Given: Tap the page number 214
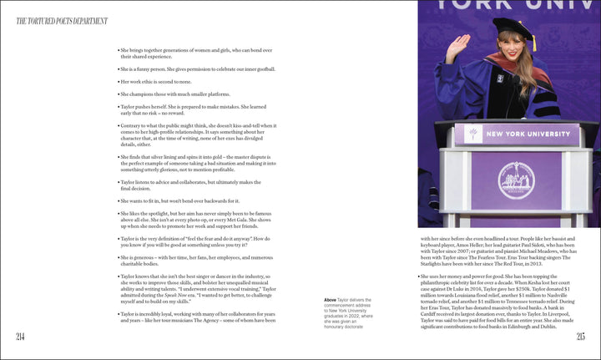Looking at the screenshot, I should pyautogui.click(x=21, y=336).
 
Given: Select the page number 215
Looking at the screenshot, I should pyautogui.click(x=580, y=336).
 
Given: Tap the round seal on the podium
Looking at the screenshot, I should pyautogui.click(x=516, y=180).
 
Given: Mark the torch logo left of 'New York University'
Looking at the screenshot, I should pyautogui.click(x=474, y=134).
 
